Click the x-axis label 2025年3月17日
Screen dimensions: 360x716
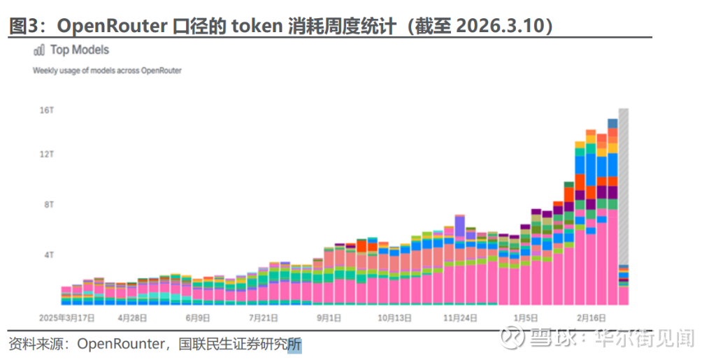tap(66, 317)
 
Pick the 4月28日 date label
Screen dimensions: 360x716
tap(132, 317)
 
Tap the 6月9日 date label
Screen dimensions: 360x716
tap(198, 317)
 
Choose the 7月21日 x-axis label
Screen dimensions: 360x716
tap(264, 317)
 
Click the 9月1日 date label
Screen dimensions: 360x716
tap(329, 317)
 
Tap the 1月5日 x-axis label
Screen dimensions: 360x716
tap(526, 317)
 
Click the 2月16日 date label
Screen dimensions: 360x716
tap(591, 317)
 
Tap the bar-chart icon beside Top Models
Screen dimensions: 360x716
tap(39, 50)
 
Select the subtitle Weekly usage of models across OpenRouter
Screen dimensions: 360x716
tap(107, 71)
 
